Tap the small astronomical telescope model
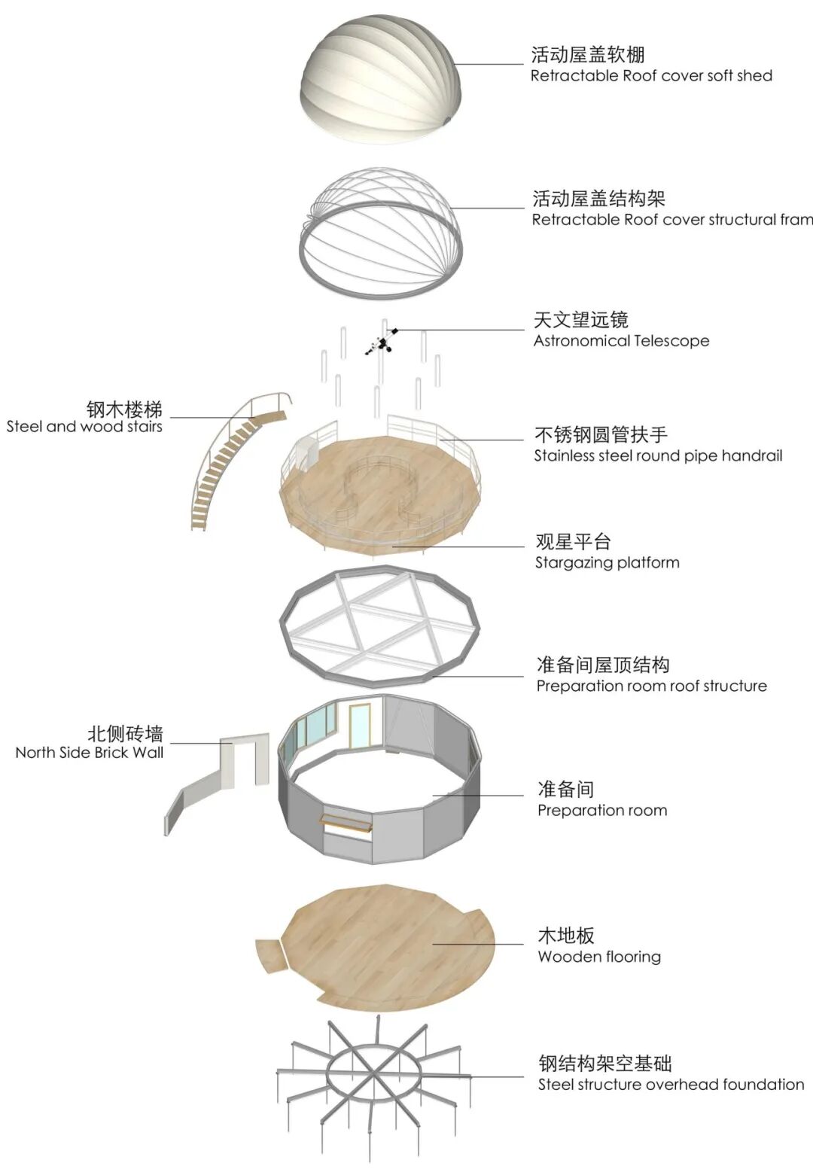(x=382, y=343)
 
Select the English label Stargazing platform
(x=607, y=563)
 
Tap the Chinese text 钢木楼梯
(x=124, y=409)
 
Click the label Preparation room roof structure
(x=651, y=686)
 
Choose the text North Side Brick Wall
(x=89, y=753)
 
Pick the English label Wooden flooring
(x=599, y=957)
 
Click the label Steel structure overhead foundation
(x=671, y=1085)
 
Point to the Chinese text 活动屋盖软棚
(x=588, y=54)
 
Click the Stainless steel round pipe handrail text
(x=658, y=456)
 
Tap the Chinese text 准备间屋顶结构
(x=603, y=665)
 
